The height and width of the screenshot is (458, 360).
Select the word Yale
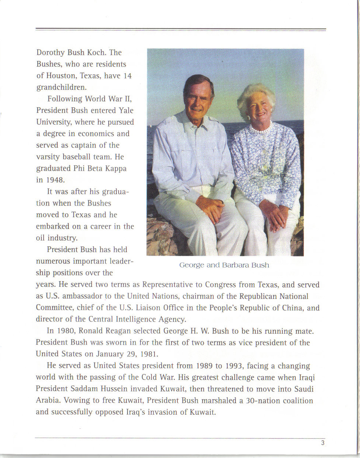click(126, 111)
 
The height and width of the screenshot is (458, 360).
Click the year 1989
click(204, 366)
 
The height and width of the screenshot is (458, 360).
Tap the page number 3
click(323, 443)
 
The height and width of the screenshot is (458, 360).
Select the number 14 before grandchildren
click(127, 76)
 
